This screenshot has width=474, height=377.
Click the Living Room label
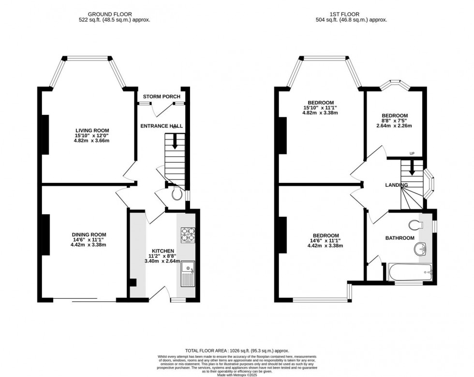pyautogui.click(x=92, y=130)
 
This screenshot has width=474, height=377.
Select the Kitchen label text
pyautogui.click(x=163, y=251)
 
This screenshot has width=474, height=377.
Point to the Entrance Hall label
pyautogui.click(x=162, y=126)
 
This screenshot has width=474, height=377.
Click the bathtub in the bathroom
pyautogui.click(x=411, y=273)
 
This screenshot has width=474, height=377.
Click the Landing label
pyautogui.click(x=396, y=185)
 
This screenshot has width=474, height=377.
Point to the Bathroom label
pyautogui.click(x=400, y=238)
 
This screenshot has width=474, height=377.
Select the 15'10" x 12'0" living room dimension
pyautogui.click(x=92, y=136)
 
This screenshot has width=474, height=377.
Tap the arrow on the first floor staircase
pyautogui.click(x=412, y=169)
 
